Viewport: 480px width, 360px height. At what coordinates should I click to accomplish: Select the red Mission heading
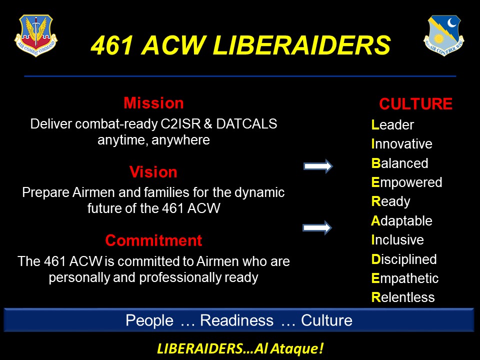coord(153,103)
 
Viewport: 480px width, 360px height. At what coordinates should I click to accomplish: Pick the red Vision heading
coord(153,172)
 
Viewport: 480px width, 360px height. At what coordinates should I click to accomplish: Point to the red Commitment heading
coord(153,240)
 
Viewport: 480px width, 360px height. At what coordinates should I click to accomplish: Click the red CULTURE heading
coord(415,104)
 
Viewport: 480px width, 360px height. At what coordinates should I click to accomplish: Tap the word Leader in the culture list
coord(392,125)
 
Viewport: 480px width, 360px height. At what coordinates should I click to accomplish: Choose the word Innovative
coord(401,144)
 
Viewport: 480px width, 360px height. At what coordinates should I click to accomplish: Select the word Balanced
coord(399,163)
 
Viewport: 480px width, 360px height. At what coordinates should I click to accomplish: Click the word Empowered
coord(406,182)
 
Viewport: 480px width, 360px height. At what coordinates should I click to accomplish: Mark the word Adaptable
coord(401,221)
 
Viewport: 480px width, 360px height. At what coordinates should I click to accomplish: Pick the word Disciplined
coord(404,259)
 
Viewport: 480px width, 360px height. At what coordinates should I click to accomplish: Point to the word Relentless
coord(402,297)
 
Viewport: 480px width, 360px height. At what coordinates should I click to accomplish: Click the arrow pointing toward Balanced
coord(318,166)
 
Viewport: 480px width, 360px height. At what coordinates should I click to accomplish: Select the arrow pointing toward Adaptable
coord(317,228)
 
